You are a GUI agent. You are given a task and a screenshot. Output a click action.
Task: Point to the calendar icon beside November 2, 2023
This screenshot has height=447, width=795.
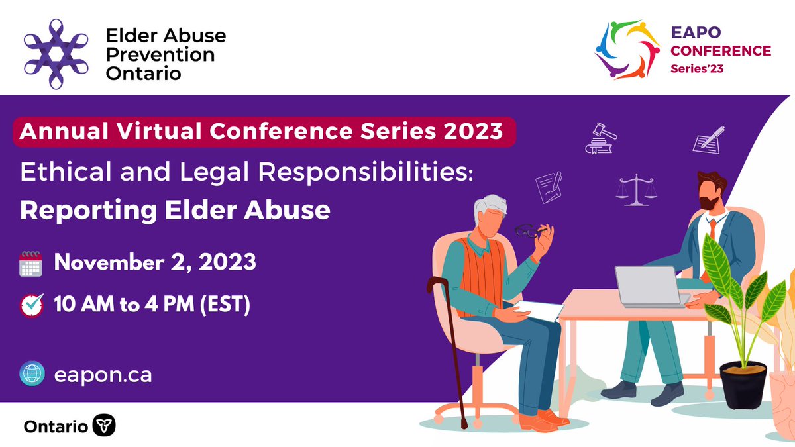pyautogui.click(x=31, y=262)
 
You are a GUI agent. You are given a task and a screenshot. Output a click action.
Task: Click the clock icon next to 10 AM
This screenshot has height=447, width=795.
pyautogui.click(x=31, y=305)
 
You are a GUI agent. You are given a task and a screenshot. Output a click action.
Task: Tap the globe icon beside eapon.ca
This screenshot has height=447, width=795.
pyautogui.click(x=31, y=374)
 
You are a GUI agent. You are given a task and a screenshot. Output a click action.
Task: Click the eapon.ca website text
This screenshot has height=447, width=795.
pyautogui.click(x=103, y=375)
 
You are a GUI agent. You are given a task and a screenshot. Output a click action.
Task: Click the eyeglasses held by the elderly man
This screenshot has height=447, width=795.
pyautogui.click(x=529, y=232)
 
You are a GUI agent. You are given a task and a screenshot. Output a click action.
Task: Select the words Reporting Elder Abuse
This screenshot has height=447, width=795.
pyautogui.click(x=175, y=210)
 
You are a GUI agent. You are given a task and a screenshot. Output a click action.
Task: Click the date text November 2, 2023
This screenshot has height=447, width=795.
pyautogui.click(x=155, y=262)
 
